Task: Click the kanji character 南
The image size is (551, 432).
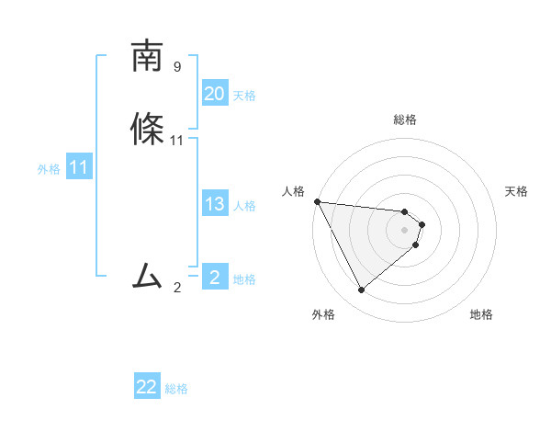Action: coord(147,57)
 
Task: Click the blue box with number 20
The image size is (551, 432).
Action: coord(214,94)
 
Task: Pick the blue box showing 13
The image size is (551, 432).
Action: coord(214,204)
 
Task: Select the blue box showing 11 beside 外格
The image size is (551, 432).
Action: coord(79,168)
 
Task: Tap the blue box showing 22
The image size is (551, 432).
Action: coord(147,387)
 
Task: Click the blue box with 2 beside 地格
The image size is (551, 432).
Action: coord(214,277)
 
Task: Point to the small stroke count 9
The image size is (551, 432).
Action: coord(177,67)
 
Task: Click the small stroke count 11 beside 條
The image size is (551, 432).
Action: coord(177,141)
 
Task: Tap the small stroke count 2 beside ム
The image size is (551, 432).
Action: coord(177,288)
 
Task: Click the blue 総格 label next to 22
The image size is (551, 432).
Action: coord(176,389)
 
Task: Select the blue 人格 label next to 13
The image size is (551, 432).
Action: coord(244,206)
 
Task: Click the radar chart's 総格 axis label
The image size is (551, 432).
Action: coord(405,119)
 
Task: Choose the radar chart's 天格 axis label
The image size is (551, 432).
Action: coord(516,191)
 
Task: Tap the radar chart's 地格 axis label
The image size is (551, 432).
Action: coord(481,315)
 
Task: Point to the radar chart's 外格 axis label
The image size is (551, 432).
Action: coord(323,315)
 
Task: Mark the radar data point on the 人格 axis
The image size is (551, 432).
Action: coord(317,201)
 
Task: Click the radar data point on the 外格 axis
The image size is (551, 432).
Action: coord(361,290)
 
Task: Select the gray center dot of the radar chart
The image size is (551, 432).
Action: coord(405,229)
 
